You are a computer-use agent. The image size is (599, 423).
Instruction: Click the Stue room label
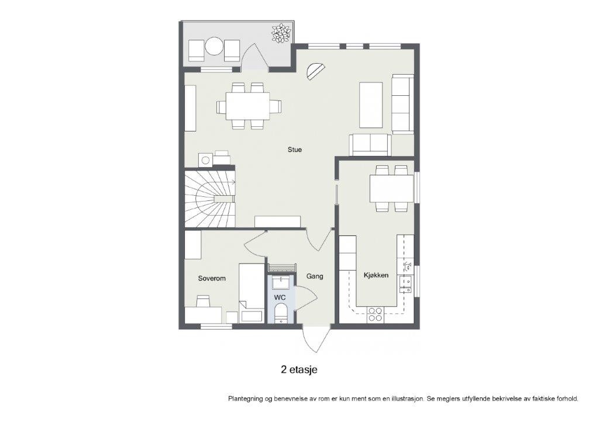point(294,150)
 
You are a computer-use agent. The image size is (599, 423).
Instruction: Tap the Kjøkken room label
point(376,275)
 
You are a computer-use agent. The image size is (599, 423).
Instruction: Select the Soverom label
point(211,278)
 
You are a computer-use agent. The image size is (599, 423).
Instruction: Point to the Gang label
point(314,276)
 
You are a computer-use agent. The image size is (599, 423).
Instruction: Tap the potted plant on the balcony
point(281,33)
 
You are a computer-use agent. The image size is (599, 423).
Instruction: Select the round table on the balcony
point(214,46)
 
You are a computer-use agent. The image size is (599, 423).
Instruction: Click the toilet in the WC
point(281,313)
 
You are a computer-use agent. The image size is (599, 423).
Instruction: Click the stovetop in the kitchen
point(374,315)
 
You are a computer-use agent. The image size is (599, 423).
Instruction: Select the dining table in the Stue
point(248,106)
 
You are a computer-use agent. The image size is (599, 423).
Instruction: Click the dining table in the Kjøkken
point(391,188)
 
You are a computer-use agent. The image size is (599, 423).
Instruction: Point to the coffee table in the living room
point(370,105)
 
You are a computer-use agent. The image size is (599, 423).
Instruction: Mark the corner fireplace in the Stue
point(315,71)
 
